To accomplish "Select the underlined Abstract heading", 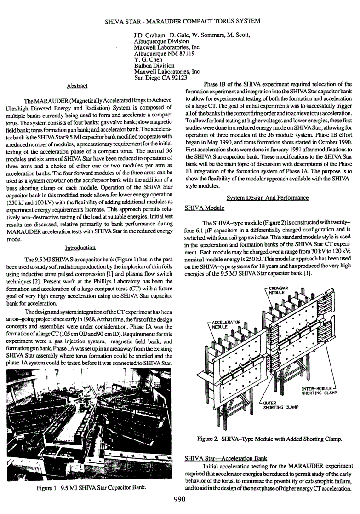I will [x=77, y=86].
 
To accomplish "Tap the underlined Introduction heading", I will [x=80, y=248].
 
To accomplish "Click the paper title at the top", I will [x=180, y=21].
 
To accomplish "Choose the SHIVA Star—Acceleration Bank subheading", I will [x=225, y=459].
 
